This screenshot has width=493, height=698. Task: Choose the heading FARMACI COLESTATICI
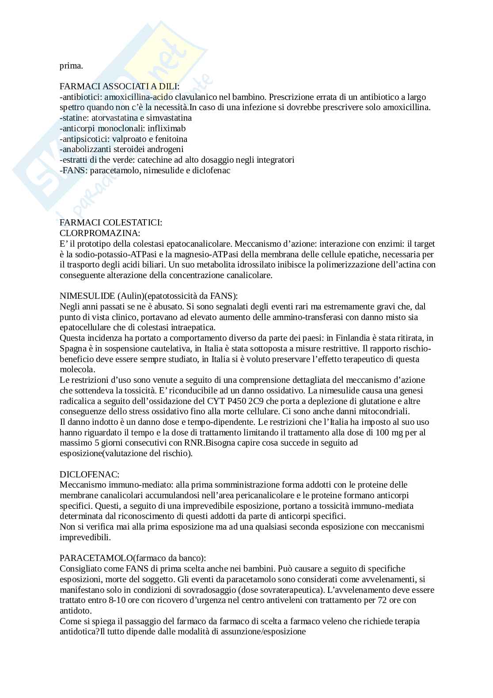[x=111, y=223]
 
